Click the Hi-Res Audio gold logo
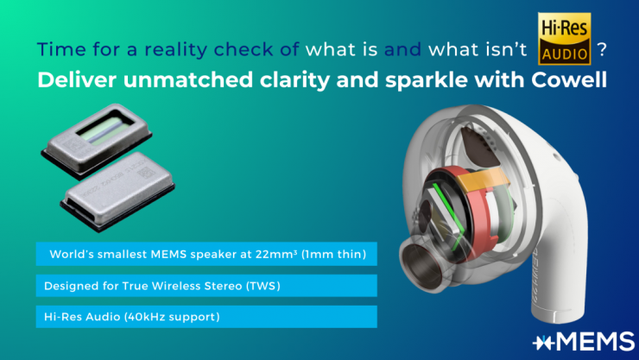click(565, 39)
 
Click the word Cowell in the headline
click(569, 79)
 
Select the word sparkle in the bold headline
click(427, 80)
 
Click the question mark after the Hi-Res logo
click(602, 50)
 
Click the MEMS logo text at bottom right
click(584, 341)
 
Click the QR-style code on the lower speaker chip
click(146, 173)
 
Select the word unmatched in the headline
click(188, 79)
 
